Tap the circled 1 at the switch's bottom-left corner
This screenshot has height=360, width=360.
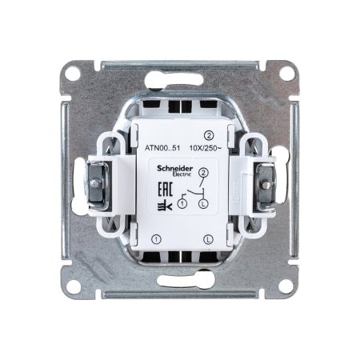156,238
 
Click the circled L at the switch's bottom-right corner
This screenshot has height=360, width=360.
208,238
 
